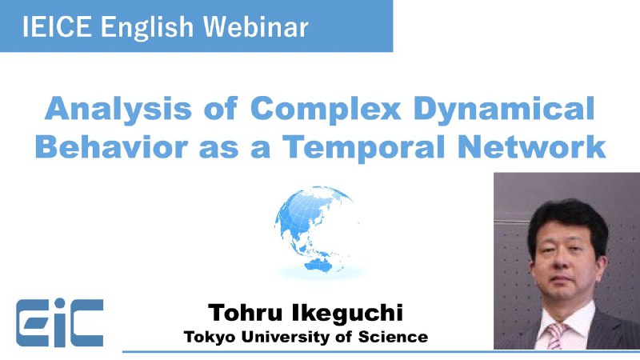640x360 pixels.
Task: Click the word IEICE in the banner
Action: [57, 26]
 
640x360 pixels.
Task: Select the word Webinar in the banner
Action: [256, 26]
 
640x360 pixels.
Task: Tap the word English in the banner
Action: [147, 29]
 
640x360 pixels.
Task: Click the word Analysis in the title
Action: [118, 110]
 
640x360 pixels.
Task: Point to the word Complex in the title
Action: [326, 110]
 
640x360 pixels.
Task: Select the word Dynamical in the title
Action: [504, 110]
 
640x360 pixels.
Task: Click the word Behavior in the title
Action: [111, 146]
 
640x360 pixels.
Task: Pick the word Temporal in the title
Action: [364, 148]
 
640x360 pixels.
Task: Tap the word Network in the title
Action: [531, 146]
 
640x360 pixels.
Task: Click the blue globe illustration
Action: [314, 230]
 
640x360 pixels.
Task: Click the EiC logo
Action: [59, 322]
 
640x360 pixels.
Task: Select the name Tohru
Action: [245, 313]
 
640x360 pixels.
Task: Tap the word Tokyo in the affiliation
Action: [210, 338]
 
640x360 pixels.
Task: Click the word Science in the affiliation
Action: [393, 337]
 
